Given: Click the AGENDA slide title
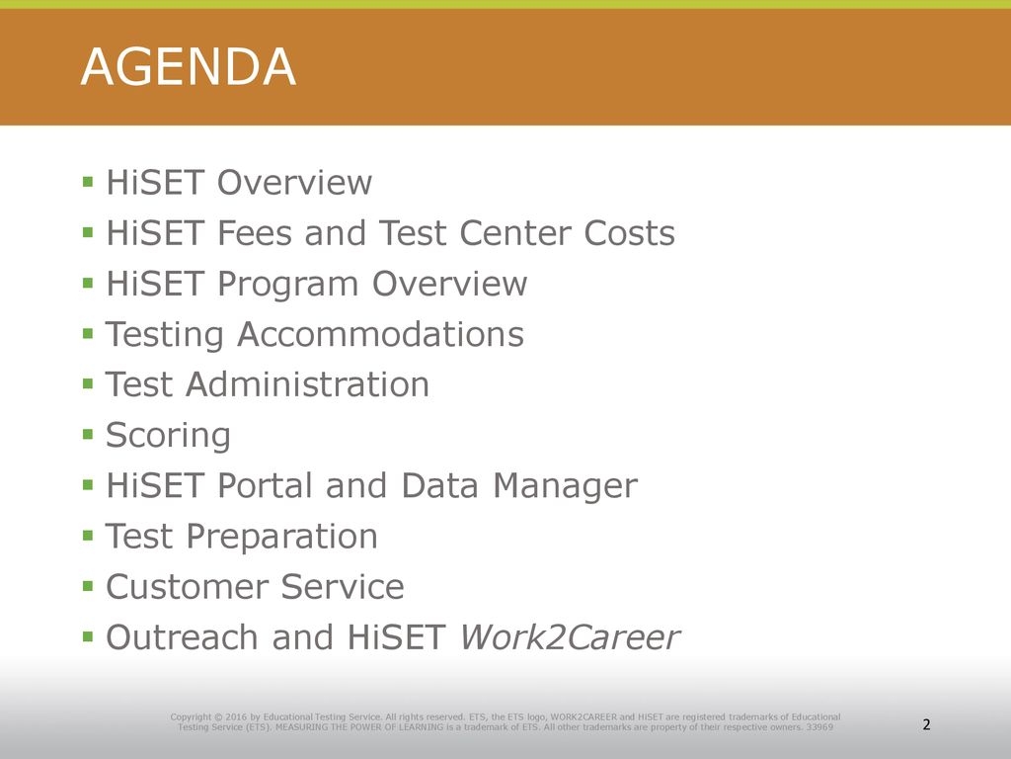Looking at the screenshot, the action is click(189, 66).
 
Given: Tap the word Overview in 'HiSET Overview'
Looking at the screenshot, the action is click(294, 182).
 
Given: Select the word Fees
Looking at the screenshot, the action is click(255, 232).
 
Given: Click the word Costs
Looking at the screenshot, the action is click(629, 232).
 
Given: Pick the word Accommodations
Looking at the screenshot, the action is click(380, 334).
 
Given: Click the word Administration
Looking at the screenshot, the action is click(308, 384).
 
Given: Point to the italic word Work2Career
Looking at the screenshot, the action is click(570, 637).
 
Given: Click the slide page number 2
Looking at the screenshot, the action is click(926, 724).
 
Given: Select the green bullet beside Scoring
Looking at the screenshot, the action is click(88, 435).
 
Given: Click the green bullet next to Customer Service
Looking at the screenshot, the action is click(88, 586).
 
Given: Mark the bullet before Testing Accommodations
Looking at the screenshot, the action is click(88, 334).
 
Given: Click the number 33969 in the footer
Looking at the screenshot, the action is click(820, 727).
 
